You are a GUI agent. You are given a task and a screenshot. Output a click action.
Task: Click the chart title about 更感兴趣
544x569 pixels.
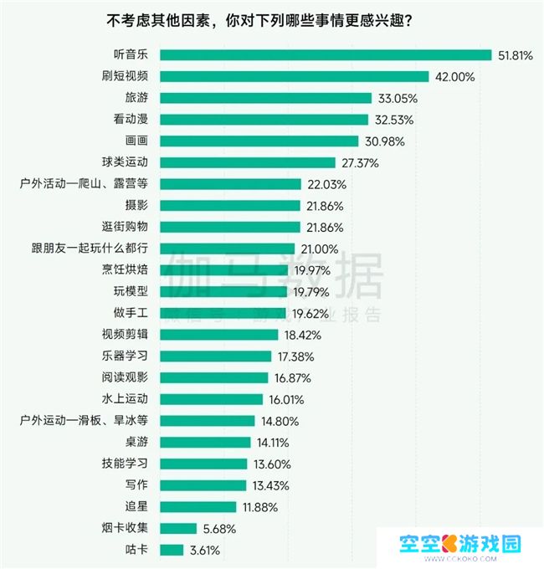tap(271, 20)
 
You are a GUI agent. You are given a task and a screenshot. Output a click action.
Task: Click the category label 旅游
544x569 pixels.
tap(136, 98)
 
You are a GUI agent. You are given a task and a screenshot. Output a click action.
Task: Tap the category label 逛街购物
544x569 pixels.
tap(124, 227)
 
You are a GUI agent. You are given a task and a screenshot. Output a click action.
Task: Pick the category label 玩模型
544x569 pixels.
tap(131, 291)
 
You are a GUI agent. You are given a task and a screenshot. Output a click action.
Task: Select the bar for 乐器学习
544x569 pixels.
tap(215, 356)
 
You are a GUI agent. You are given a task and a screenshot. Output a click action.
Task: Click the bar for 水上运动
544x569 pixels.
tap(211, 399)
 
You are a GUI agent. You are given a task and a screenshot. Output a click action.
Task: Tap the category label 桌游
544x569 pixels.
tap(136, 442)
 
